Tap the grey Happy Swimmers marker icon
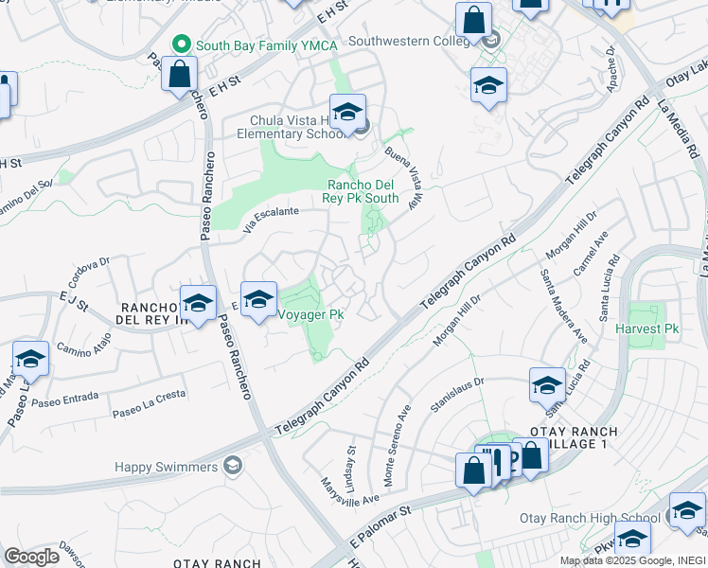click(232, 466)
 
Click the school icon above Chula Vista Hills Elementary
click(347, 112)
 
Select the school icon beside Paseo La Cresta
click(30, 361)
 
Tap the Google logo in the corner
click(31, 557)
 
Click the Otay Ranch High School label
click(590, 518)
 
